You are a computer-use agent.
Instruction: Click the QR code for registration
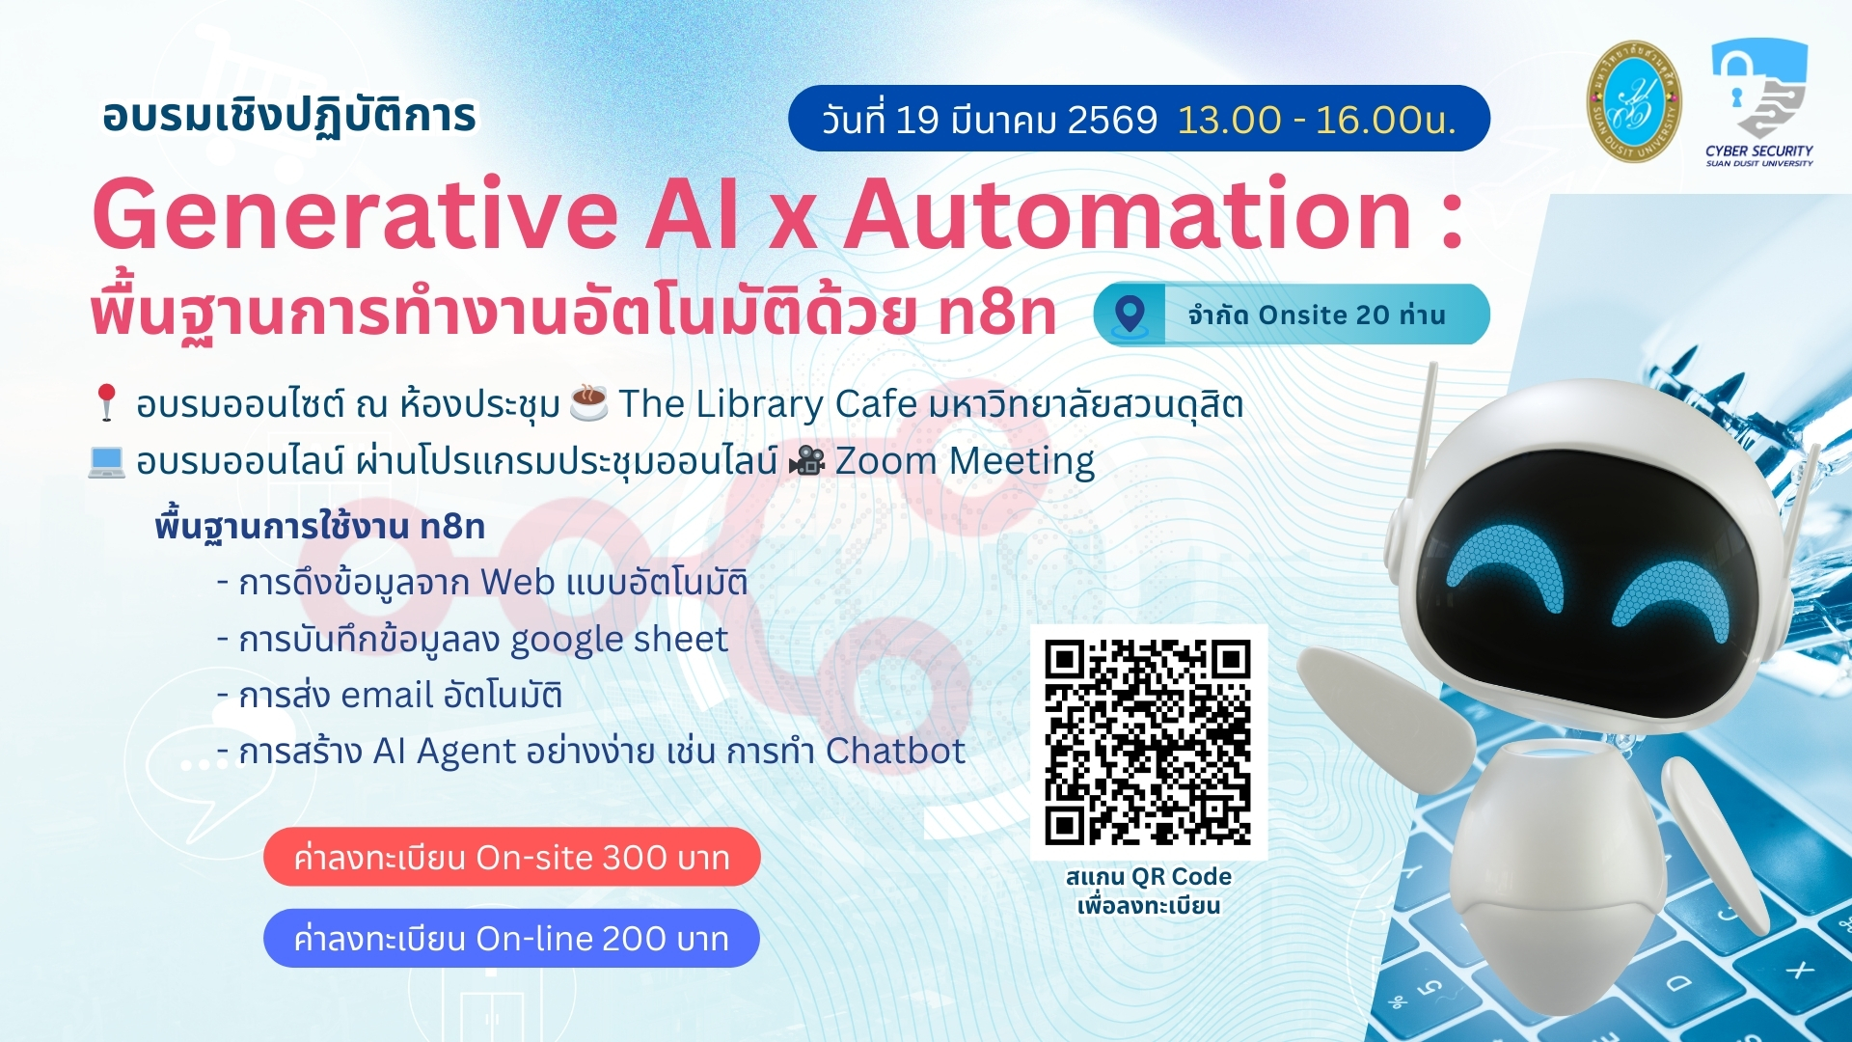pyautogui.click(x=1148, y=742)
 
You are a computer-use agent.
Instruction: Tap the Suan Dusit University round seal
pyautogui.click(x=1634, y=101)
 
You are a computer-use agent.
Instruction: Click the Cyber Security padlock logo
pyautogui.click(x=1759, y=89)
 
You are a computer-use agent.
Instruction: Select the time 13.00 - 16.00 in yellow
pyautogui.click(x=1316, y=120)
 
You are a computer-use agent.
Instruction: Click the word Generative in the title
pyautogui.click(x=355, y=214)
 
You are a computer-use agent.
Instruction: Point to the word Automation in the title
pyautogui.click(x=1129, y=214)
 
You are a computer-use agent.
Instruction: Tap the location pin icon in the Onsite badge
pyautogui.click(x=1130, y=315)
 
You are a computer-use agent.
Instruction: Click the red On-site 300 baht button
pyautogui.click(x=511, y=857)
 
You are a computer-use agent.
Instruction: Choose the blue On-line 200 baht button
pyautogui.click(x=511, y=938)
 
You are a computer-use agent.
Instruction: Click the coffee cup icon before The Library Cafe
pyautogui.click(x=588, y=402)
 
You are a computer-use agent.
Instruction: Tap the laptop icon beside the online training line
pyautogui.click(x=106, y=462)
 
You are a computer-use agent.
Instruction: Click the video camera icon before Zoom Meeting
pyautogui.click(x=806, y=462)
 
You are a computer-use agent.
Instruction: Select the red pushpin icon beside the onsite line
pyautogui.click(x=106, y=402)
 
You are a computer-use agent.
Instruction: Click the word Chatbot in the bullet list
pyautogui.click(x=895, y=751)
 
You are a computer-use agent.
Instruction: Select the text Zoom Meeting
pyautogui.click(x=965, y=462)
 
